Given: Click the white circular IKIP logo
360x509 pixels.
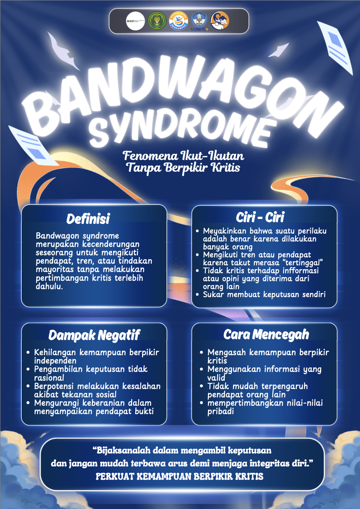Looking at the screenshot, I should pos(135,21).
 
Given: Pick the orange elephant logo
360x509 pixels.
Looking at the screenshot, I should pos(220,21).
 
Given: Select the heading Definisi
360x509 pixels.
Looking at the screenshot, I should pos(88,219).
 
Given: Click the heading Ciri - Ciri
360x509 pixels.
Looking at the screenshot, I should pos(260,217).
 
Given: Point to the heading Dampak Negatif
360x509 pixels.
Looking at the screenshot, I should pos(94,335).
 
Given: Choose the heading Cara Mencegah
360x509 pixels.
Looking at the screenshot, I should pos(266,334).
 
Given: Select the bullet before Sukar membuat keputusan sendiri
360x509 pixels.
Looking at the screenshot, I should pos(198,295).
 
